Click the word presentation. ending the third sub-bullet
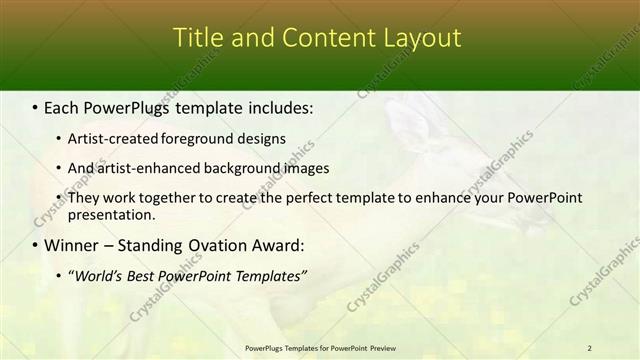111,215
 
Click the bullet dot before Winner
36,246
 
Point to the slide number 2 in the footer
590,348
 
